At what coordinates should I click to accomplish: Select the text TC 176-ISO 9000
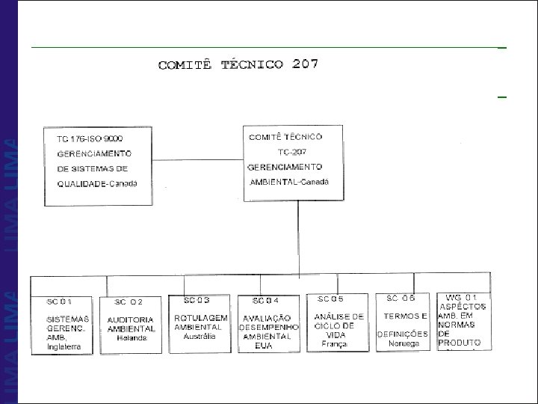point(90,139)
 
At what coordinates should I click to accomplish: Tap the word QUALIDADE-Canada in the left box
point(97,184)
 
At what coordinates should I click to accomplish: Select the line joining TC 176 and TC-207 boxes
point(197,160)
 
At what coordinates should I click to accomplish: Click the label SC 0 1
point(59,301)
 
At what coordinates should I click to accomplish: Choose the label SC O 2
point(129,302)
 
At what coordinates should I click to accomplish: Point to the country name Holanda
point(132,338)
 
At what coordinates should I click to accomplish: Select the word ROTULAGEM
point(201,319)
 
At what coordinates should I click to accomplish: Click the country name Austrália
point(200,337)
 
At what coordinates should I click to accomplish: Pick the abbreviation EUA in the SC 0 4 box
point(263,346)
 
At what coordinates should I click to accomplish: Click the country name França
point(335,344)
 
